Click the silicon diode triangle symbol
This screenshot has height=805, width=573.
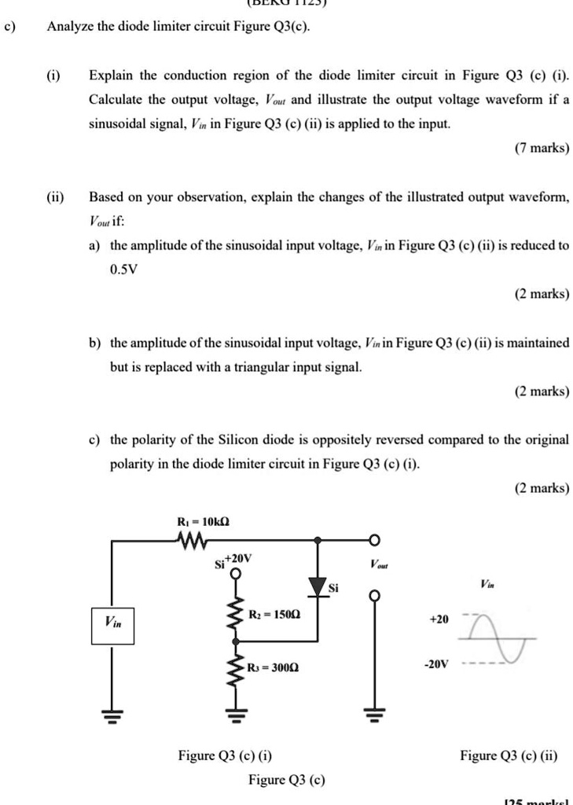[318, 586]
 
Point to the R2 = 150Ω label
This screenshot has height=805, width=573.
[272, 614]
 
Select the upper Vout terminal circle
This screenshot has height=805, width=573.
[375, 540]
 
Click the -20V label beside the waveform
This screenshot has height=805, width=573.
[436, 664]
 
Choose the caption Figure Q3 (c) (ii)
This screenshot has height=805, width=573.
[509, 756]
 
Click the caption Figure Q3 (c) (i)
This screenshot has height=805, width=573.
[226, 756]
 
